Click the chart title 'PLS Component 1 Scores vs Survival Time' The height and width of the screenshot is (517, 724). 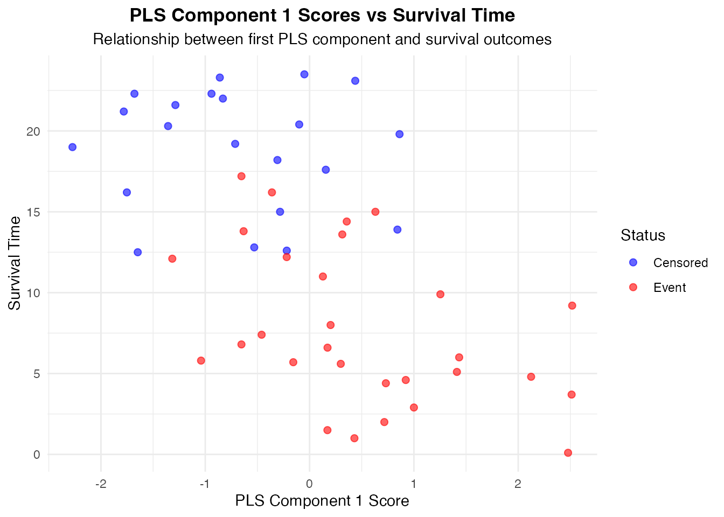pyautogui.click(x=322, y=16)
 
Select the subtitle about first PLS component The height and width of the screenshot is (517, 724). pyautogui.click(x=322, y=39)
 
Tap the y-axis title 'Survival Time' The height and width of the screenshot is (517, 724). pyautogui.click(x=15, y=263)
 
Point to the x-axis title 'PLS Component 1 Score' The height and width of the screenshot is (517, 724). pyautogui.click(x=322, y=501)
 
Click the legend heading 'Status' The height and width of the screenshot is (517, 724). pyautogui.click(x=643, y=235)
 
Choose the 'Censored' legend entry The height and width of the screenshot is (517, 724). pyautogui.click(x=680, y=263)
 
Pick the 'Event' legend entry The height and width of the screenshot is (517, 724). pyautogui.click(x=670, y=288)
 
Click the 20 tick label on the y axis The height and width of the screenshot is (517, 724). pyautogui.click(x=33, y=131)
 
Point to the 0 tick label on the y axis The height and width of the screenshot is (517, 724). pyautogui.click(x=37, y=455)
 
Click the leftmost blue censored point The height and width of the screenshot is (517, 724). pyautogui.click(x=72, y=147)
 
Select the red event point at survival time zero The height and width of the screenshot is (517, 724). pyautogui.click(x=568, y=453)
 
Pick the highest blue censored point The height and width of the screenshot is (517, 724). pyautogui.click(x=304, y=74)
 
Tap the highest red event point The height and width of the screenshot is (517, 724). pyautogui.click(x=241, y=176)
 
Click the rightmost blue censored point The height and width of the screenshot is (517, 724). pyautogui.click(x=399, y=134)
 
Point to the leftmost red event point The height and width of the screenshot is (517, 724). pyautogui.click(x=172, y=258)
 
